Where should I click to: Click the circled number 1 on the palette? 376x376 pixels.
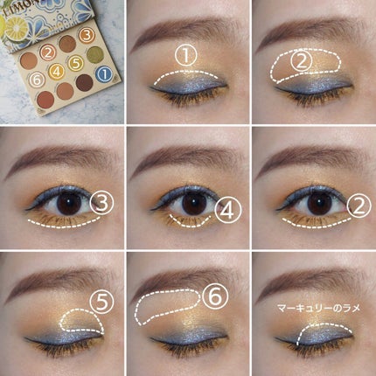(104, 73)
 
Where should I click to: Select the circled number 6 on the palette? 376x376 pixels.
(35, 79)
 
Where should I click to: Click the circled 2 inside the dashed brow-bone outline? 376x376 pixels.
(299, 60)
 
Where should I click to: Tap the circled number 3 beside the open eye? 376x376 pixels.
(103, 203)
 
